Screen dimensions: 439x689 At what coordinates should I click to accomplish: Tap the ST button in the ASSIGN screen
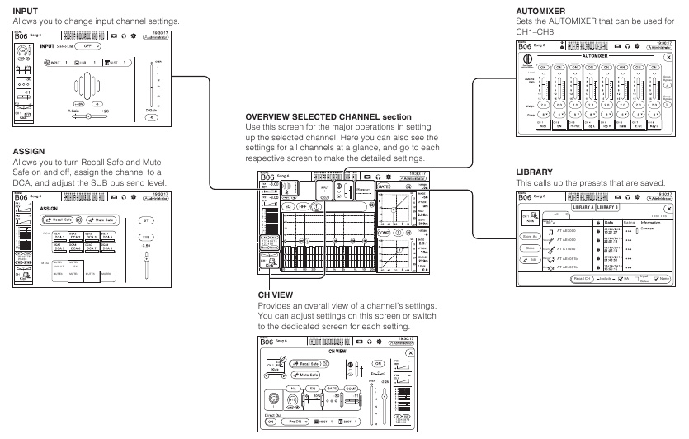[x=144, y=221]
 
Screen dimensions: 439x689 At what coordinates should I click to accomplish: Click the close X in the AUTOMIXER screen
[x=668, y=58]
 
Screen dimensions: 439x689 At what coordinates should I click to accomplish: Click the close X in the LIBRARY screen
[x=668, y=210]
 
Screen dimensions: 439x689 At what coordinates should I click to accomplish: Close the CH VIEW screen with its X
[x=409, y=352]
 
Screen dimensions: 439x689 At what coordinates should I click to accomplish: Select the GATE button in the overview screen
[x=384, y=186]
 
